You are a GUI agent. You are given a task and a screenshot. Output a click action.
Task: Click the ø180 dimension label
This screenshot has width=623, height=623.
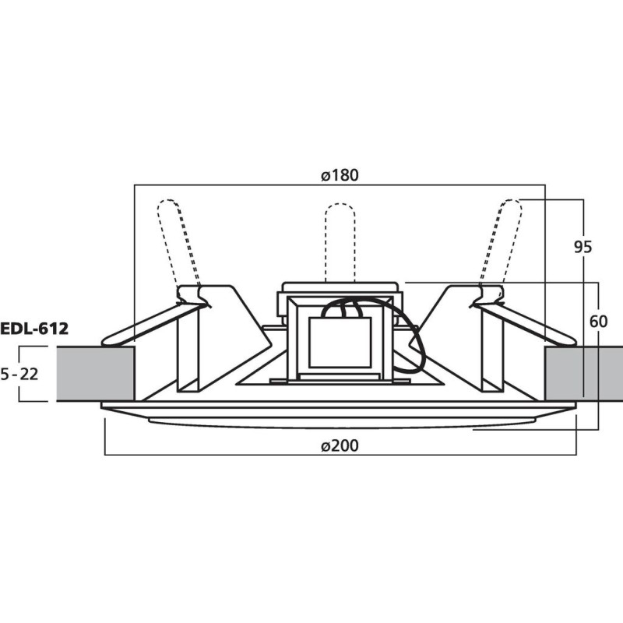coord(340,175)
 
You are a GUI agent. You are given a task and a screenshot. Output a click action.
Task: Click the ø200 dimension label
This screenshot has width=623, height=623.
coord(340,446)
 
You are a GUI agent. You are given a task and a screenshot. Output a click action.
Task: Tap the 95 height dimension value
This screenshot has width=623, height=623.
coord(583,247)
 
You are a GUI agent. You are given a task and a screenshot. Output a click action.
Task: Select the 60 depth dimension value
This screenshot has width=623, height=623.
coord(597,322)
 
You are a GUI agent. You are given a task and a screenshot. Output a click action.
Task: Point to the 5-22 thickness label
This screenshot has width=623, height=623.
coord(19,374)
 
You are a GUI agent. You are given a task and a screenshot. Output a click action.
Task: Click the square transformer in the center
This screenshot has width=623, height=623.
coord(340,343)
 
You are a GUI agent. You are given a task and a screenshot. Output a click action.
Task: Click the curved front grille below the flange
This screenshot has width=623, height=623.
coord(340,421)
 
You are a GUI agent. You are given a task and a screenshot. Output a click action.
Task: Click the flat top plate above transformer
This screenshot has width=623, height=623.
coord(340,287)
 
